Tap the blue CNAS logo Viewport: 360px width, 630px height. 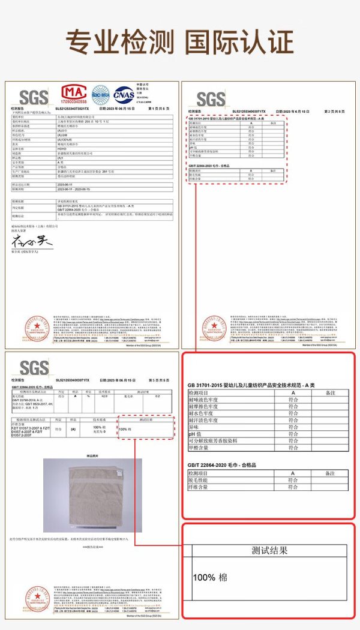click(124, 94)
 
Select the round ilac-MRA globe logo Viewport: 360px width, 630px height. click(100, 94)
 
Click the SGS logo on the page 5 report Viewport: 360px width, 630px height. click(34, 367)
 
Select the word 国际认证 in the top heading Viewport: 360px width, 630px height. click(239, 43)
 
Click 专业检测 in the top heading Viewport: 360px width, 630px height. click(119, 43)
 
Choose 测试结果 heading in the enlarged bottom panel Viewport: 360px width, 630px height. click(269, 550)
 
